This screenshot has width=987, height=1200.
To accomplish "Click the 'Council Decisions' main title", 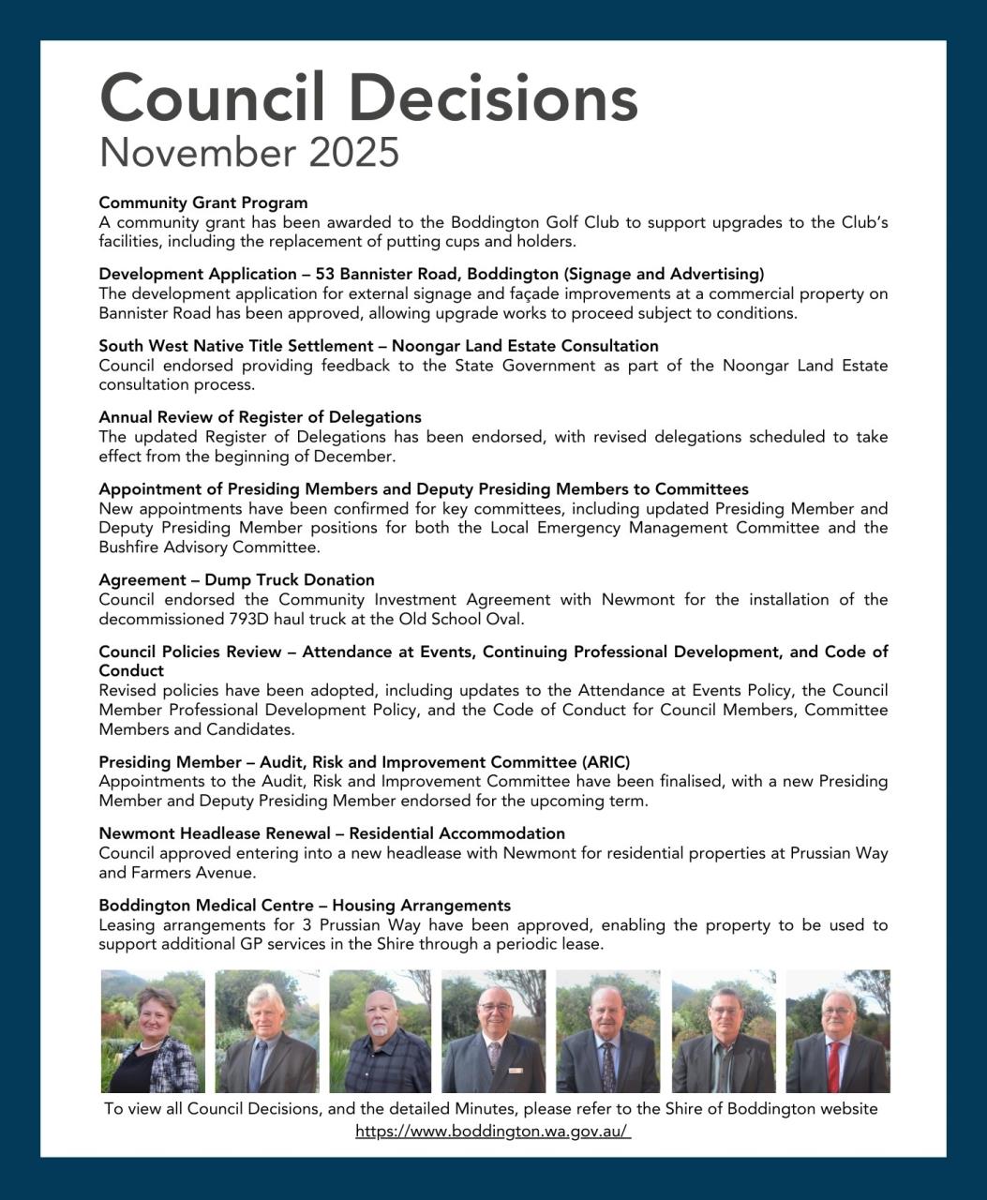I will [x=368, y=97].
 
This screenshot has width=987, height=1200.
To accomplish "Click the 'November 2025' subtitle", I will [x=249, y=152].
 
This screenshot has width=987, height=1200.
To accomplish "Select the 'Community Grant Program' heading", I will [x=203, y=202].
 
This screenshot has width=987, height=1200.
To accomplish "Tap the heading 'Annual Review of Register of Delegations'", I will [x=260, y=417].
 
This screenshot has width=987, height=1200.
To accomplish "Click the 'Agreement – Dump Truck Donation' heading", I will [x=236, y=580].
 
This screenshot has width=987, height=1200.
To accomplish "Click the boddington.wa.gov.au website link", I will [x=493, y=1132].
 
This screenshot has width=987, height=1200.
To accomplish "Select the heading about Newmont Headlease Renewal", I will [x=332, y=833].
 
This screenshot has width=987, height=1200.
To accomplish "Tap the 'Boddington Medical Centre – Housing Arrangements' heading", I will [x=305, y=906].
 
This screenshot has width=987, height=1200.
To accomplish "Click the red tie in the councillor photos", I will [x=833, y=1067].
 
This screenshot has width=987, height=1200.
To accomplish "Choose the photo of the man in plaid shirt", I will [x=380, y=1031].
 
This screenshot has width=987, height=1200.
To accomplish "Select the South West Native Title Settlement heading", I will [x=379, y=346].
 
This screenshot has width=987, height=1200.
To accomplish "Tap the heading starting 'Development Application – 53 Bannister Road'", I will [x=431, y=274].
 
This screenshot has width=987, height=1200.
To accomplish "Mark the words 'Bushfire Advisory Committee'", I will [x=208, y=547].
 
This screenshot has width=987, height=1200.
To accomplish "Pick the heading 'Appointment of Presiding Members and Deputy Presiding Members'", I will [x=424, y=489].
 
